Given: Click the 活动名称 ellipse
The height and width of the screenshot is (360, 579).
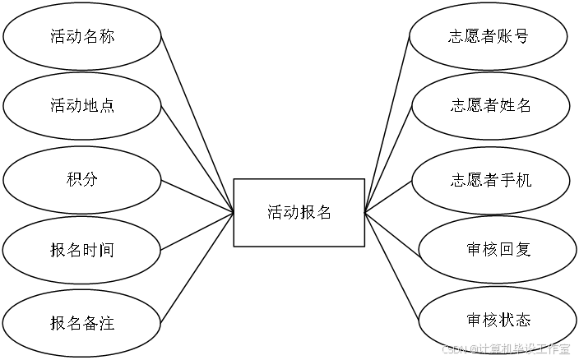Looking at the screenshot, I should [x=81, y=36].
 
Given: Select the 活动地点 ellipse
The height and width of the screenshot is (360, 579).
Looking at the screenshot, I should [x=81, y=106].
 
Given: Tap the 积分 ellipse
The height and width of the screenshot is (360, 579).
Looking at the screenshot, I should [x=81, y=178].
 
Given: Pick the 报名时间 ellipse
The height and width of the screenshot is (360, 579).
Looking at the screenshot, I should [x=81, y=250].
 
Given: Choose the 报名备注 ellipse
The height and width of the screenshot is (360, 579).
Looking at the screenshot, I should [x=81, y=323].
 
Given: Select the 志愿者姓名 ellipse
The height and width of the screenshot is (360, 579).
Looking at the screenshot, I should [x=491, y=106].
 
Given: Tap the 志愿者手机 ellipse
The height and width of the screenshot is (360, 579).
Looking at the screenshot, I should [x=491, y=179].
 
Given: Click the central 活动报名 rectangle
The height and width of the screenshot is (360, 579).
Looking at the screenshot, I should [x=299, y=212].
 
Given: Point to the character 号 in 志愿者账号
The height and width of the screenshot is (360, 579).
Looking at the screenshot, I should [x=520, y=36].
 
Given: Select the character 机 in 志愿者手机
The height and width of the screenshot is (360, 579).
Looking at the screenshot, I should [x=523, y=179].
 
